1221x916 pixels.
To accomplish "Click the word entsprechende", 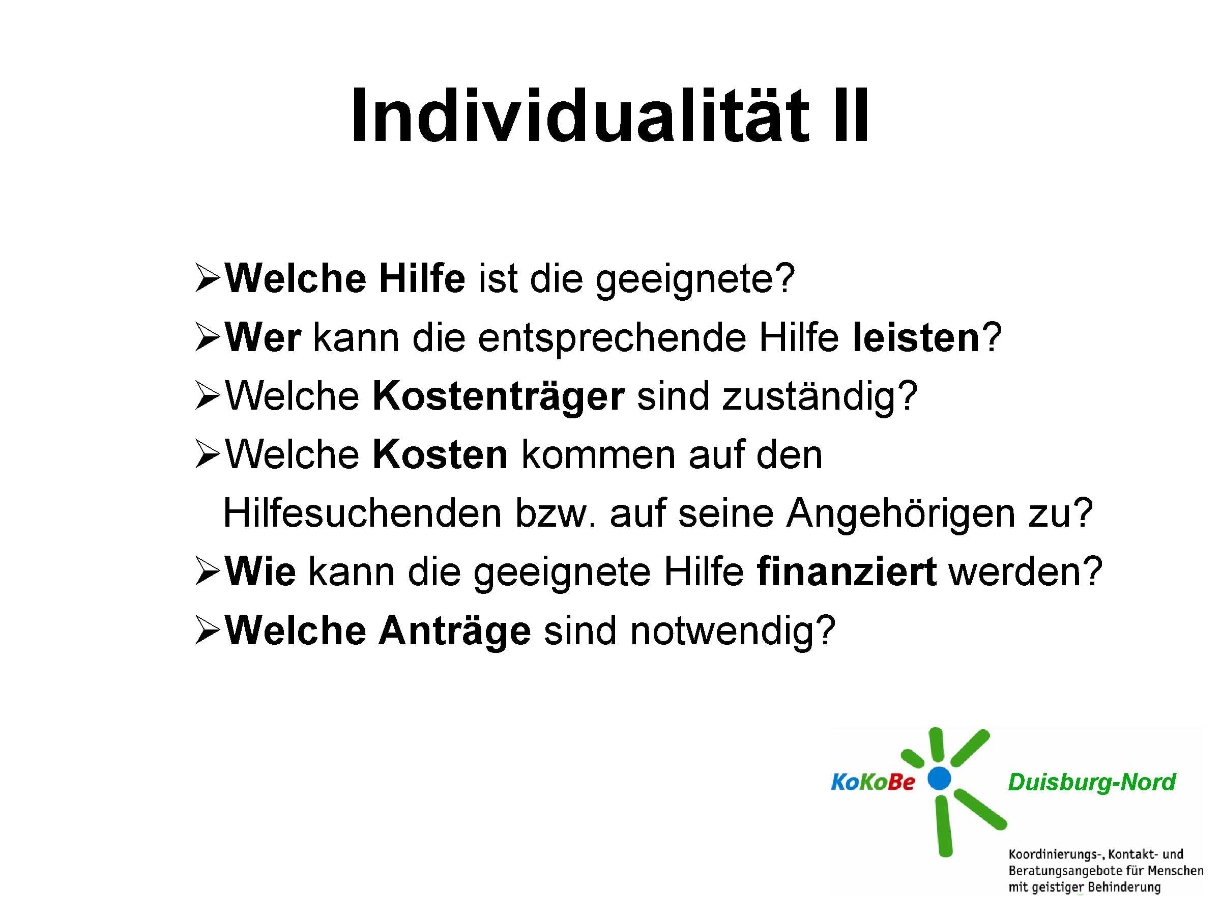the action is pos(611,338).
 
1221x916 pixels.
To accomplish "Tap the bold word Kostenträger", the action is pos(499,397).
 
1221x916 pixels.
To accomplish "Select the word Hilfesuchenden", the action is pos(362,513).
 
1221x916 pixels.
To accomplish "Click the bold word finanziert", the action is pos(846,571).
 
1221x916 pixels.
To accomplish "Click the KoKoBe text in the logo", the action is pos(873,782).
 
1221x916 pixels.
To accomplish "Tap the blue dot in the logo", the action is pos(939,779).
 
